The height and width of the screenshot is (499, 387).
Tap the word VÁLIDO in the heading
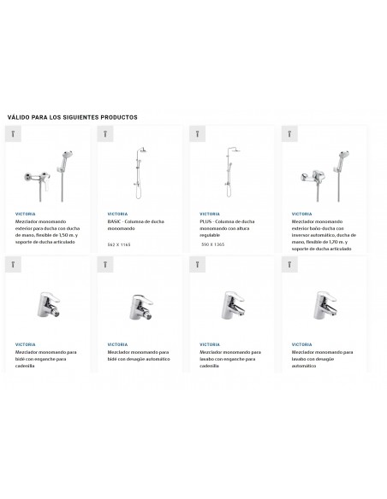click(18, 117)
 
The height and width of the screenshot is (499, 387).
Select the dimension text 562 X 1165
click(118, 244)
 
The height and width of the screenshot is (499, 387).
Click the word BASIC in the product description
click(115, 220)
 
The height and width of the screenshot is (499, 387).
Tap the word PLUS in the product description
click(205, 220)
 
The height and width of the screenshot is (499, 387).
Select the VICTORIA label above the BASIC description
click(117, 214)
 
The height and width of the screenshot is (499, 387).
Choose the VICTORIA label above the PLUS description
click(209, 214)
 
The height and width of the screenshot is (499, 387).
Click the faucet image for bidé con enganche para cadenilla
click(45, 304)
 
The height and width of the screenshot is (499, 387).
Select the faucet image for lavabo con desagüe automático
click(322, 304)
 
